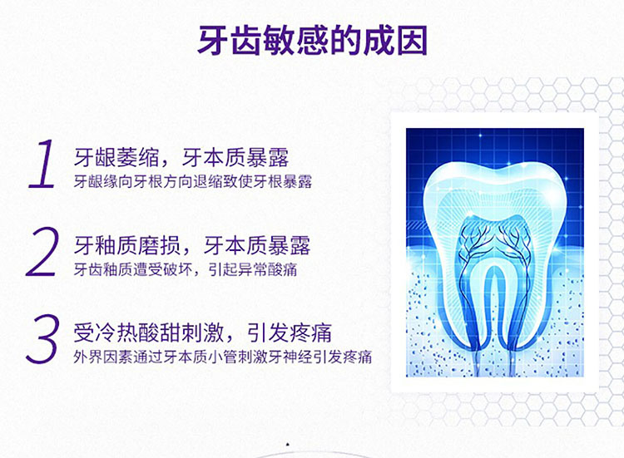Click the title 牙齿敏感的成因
pyautogui.click(x=312, y=40)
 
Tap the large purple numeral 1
pyautogui.click(x=43, y=164)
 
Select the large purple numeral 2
pyautogui.click(x=42, y=252)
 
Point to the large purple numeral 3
pyautogui.click(x=42, y=339)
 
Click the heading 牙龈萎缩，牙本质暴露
pyautogui.click(x=181, y=158)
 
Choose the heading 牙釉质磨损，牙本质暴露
pyautogui.click(x=192, y=245)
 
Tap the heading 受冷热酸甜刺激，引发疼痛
pyautogui.click(x=202, y=332)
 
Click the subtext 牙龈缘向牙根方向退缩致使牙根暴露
pyautogui.click(x=193, y=182)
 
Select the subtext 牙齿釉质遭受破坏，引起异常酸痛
pyautogui.click(x=186, y=269)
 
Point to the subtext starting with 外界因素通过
pyautogui.click(x=223, y=357)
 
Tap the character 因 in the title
pyautogui.click(x=412, y=40)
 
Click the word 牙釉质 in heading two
pyautogui.click(x=106, y=245)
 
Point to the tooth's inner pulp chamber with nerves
pyautogui.click(x=493, y=247)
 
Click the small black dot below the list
pyautogui.click(x=288, y=445)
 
